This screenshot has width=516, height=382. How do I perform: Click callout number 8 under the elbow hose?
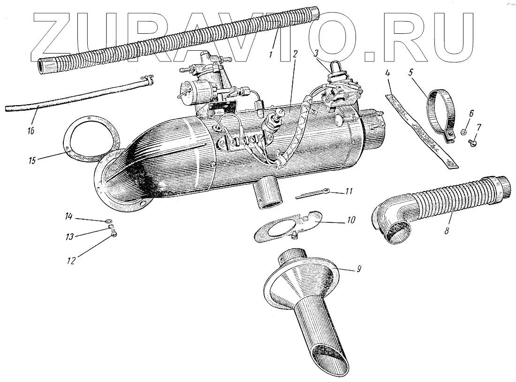click(x=447, y=231)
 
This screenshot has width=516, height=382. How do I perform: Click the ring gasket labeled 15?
click(x=89, y=137)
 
